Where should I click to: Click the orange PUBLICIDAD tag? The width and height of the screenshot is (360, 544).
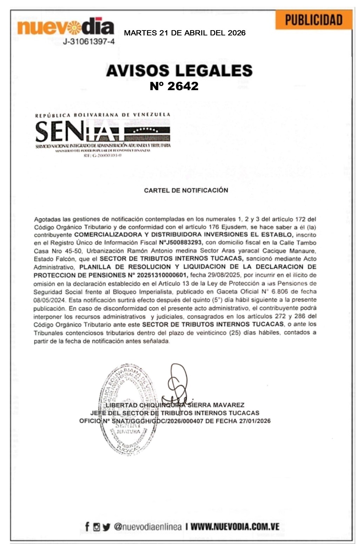tap(313, 20)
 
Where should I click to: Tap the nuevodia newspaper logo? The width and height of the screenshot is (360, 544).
tap(65, 27)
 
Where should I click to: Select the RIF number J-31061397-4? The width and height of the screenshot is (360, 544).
tap(88, 42)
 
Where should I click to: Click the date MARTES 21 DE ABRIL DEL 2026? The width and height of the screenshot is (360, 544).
tap(185, 33)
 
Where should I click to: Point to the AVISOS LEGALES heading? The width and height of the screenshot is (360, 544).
tap(179, 70)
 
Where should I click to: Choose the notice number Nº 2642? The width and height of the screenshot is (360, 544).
tap(174, 86)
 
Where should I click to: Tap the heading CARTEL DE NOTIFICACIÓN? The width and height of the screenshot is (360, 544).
tap(186, 190)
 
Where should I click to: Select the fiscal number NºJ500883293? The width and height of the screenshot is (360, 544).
tap(181, 243)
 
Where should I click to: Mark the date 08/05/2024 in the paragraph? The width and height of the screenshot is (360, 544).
tap(49, 300)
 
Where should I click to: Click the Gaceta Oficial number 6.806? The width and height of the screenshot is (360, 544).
tap(279, 291)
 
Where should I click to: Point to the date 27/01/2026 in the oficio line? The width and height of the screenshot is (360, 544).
tap(256, 421)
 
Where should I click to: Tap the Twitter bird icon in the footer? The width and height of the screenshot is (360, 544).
tap(106, 526)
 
